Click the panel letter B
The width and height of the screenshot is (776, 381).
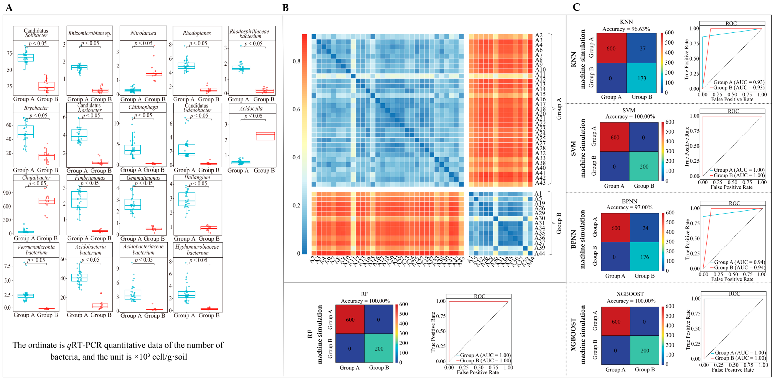pos(285,8)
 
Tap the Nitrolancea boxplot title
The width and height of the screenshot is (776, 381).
pos(143,33)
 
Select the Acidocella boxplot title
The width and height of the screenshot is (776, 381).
pos(251,108)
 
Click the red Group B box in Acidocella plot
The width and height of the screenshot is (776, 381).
pos(265,136)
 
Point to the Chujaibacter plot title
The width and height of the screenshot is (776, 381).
pos(36,177)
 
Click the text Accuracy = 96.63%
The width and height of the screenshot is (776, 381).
pos(626,29)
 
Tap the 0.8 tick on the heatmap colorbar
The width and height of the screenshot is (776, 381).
pos(296,61)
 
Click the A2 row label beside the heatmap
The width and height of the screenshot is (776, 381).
pos(539,35)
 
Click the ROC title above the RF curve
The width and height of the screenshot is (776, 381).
pos(479,296)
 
